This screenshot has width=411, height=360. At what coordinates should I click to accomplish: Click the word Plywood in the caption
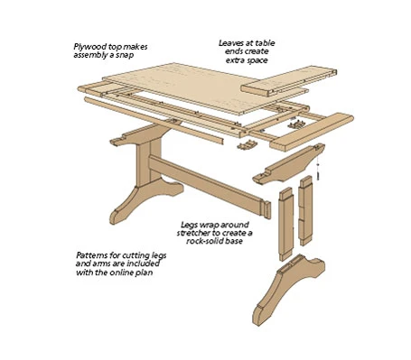86,47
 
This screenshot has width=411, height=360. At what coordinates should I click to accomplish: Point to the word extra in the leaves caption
235,60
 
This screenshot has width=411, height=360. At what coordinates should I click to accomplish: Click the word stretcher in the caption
192,233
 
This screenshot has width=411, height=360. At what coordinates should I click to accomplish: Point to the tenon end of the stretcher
266,210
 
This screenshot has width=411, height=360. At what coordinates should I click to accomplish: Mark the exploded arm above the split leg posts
288,165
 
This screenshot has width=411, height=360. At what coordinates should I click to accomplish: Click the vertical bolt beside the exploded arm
318,172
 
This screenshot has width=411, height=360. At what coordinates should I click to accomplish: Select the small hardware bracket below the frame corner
248,144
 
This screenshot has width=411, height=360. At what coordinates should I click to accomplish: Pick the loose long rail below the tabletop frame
154,120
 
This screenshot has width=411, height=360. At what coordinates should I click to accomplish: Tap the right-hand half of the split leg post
306,210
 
